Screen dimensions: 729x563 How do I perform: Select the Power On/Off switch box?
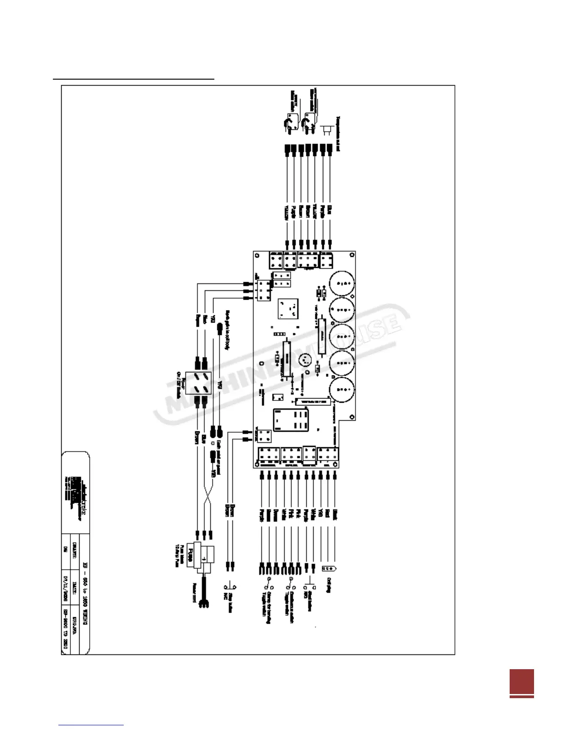click(x=198, y=382)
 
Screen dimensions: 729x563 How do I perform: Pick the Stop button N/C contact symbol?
click(x=229, y=586)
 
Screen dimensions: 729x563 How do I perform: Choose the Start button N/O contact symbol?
click(x=310, y=587)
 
